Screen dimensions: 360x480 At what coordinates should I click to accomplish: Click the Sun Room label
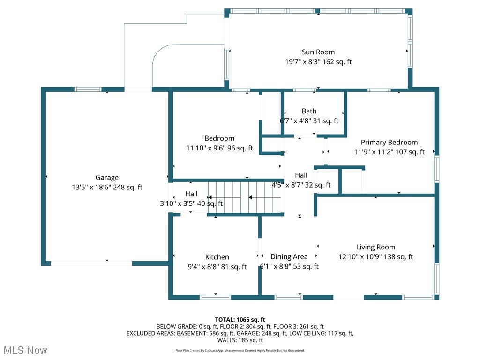pos(318,52)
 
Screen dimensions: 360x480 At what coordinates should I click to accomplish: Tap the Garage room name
pos(107,177)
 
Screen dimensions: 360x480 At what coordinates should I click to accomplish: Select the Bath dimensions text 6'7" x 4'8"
pos(309,121)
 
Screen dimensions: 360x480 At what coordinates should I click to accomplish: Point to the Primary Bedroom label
pos(389,142)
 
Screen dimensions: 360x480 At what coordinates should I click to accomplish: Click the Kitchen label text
pos(217,257)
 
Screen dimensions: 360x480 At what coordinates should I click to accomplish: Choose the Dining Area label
pos(289,256)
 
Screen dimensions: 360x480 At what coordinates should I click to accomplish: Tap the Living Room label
pos(375,247)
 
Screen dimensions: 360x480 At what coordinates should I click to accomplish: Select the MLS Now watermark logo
pos(25,350)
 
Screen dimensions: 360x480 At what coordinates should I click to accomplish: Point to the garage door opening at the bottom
pos(91,263)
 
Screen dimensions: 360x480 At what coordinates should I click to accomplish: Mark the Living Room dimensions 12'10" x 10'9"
pos(375,257)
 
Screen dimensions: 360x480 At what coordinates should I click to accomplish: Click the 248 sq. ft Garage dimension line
pos(107,187)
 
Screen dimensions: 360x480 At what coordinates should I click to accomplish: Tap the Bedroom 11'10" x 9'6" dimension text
pos(219,148)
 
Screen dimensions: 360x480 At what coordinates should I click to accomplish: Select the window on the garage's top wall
pos(88,89)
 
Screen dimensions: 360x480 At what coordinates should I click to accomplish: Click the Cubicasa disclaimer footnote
pos(240,350)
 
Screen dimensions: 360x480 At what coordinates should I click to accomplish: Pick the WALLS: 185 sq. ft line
pos(240,340)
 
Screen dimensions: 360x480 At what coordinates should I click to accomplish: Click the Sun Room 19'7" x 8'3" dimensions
pos(318,62)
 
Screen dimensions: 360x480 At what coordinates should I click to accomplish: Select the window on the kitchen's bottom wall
pos(215,297)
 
